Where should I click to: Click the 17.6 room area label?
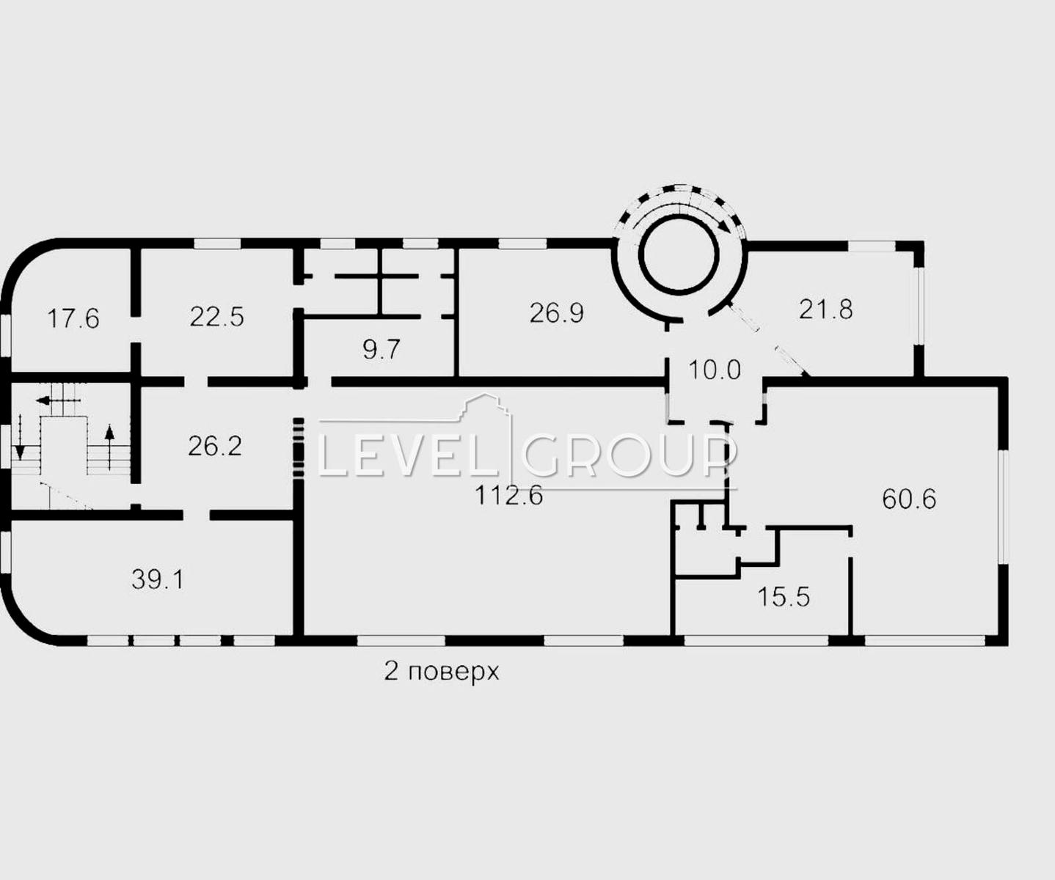73,319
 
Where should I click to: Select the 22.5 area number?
216,317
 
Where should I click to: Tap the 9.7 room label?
382,349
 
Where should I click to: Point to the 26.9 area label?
556,312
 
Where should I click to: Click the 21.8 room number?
825,309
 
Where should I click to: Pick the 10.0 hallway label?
715,370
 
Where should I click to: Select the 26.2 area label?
215,446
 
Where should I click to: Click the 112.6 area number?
509,495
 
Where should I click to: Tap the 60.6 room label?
909,499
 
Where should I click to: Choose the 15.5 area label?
784,597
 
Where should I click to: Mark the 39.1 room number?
158,579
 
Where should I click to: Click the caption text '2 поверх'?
441,672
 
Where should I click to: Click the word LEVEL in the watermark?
408,457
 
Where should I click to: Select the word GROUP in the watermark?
629,457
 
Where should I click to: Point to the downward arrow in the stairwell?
19,436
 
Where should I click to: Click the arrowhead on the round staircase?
726,227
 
